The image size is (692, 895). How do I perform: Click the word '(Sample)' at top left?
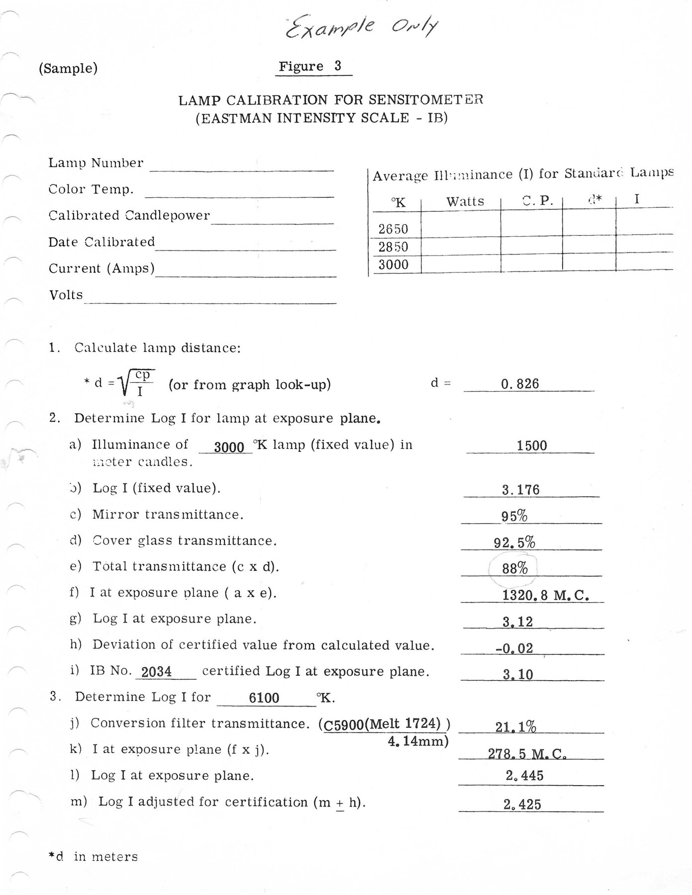point(68,68)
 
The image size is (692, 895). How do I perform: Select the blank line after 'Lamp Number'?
point(241,166)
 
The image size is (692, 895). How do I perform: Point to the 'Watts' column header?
point(465,201)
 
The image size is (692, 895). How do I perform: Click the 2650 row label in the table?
point(393,229)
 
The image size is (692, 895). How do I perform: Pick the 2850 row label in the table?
point(393,247)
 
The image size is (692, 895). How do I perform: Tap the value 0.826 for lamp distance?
point(520,384)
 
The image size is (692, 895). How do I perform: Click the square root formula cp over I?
point(136,383)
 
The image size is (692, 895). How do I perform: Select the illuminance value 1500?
point(531,446)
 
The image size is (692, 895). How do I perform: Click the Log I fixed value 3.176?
point(520,490)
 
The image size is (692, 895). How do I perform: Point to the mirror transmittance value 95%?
point(514,516)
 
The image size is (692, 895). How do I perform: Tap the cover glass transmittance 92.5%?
point(514,542)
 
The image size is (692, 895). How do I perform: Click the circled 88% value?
point(514,568)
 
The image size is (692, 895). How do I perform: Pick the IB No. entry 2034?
point(156,672)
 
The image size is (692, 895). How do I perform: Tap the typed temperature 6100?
point(264,698)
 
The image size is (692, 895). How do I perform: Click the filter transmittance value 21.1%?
point(515,727)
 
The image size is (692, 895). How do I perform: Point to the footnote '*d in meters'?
point(93,857)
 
